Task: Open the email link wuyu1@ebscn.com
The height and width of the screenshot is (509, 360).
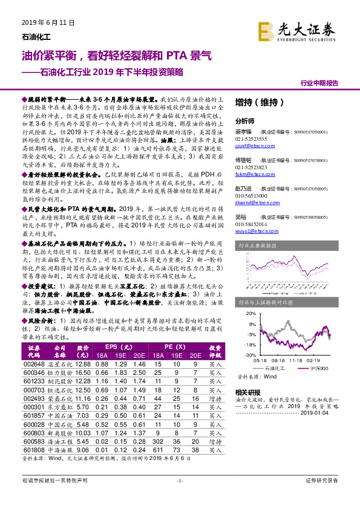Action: tap(251, 247)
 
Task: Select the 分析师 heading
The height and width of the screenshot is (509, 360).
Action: tap(244, 121)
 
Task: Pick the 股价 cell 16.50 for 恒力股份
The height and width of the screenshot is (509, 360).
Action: tap(82, 373)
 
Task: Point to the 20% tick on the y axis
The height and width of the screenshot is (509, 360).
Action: tap(249, 314)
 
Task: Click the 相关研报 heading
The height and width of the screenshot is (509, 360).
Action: tap(246, 392)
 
